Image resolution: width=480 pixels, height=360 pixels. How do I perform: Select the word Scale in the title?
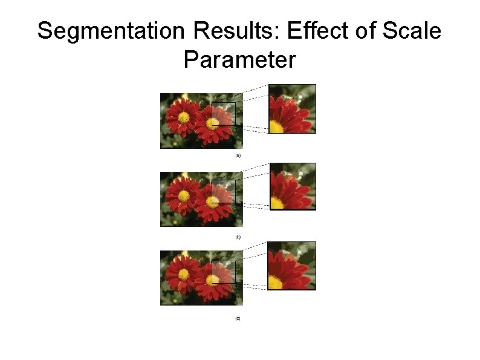click(x=412, y=31)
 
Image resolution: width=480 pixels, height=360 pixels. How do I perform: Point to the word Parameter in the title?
click(x=239, y=60)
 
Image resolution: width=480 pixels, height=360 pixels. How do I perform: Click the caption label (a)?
click(x=238, y=155)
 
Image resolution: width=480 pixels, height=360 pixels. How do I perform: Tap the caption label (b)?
click(x=238, y=237)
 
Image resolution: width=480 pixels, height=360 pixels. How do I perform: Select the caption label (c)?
click(x=238, y=318)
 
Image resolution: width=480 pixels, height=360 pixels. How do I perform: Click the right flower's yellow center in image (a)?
click(x=212, y=123)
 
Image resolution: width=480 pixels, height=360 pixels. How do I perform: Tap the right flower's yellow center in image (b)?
click(x=212, y=202)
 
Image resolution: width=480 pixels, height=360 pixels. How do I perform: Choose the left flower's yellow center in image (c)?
click(x=184, y=273)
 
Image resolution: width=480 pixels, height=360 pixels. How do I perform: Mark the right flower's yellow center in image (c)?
click(x=212, y=281)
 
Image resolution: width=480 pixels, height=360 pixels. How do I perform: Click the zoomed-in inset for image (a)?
click(x=292, y=109)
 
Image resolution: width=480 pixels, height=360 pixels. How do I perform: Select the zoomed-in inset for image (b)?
click(x=292, y=186)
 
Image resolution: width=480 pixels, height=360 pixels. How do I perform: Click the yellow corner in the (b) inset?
click(x=276, y=203)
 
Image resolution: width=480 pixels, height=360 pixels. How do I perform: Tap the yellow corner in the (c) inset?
click(x=276, y=282)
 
